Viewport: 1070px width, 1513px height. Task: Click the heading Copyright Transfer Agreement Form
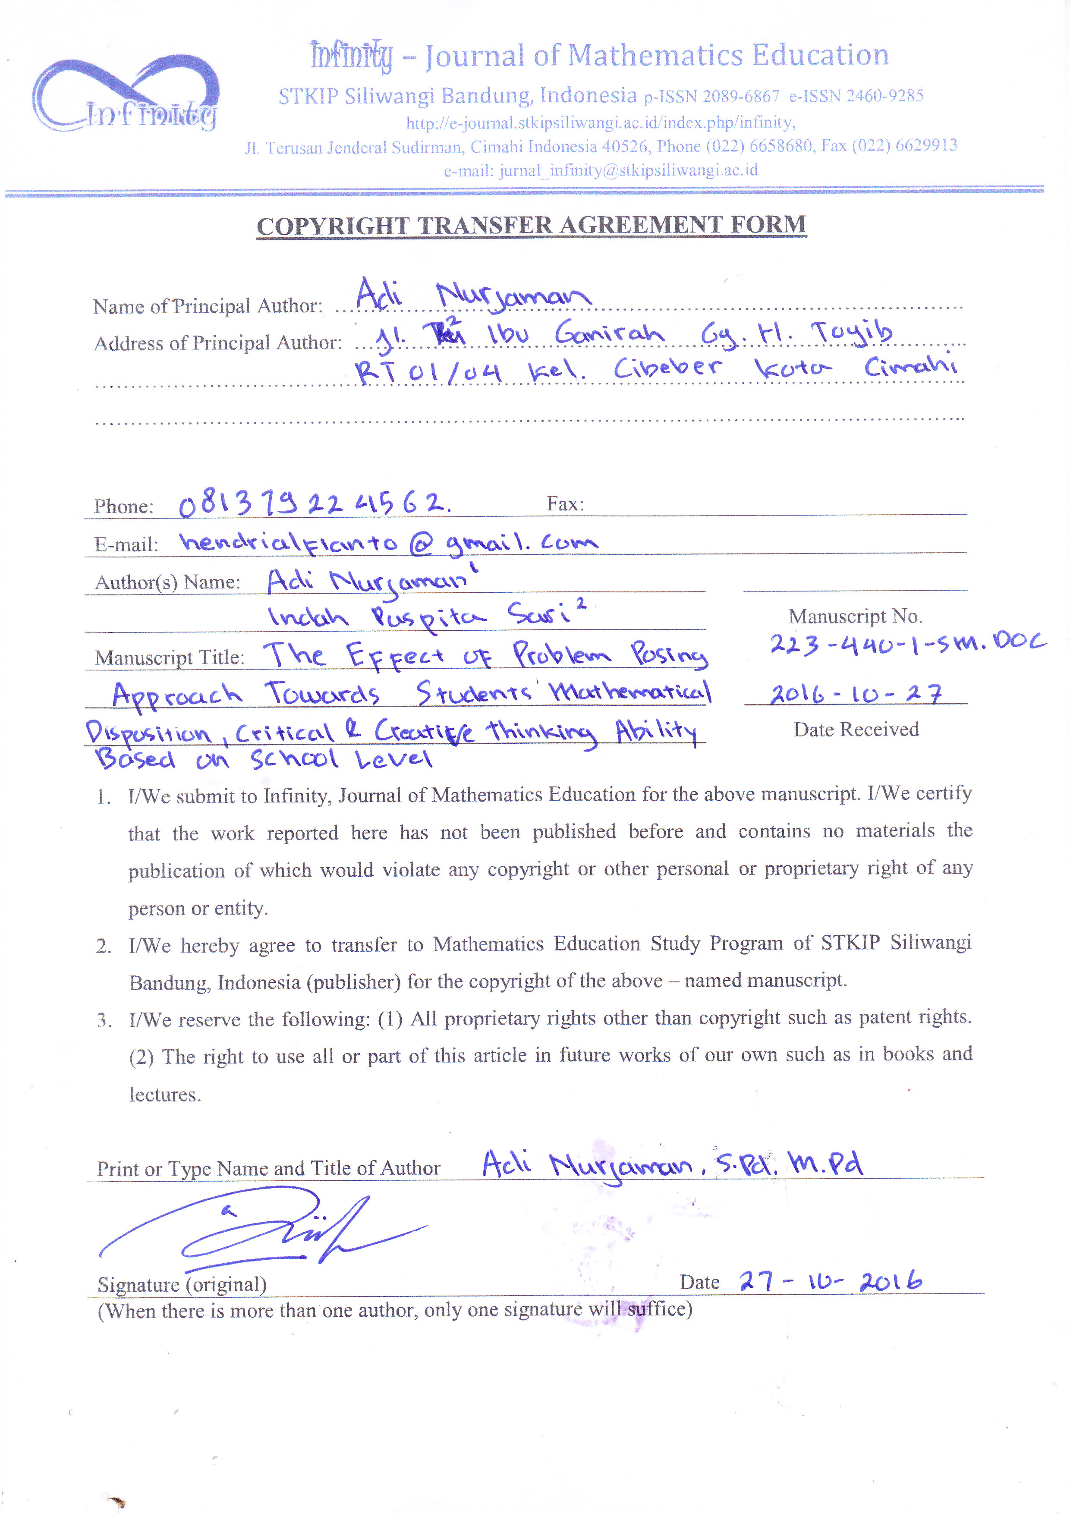point(531,225)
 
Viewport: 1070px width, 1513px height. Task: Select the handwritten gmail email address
point(389,542)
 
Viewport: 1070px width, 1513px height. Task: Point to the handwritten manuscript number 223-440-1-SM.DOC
point(907,643)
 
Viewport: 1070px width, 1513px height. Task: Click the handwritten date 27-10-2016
point(830,1280)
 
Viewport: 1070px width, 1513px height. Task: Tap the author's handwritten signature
point(264,1230)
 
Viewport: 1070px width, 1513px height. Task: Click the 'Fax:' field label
point(565,504)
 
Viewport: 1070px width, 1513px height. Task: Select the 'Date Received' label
point(856,730)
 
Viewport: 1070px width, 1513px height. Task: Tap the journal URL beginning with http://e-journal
point(600,123)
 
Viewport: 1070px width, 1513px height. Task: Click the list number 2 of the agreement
point(104,946)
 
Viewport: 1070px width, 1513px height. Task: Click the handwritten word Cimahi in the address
point(910,366)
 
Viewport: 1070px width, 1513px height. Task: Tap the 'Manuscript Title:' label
point(169,657)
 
